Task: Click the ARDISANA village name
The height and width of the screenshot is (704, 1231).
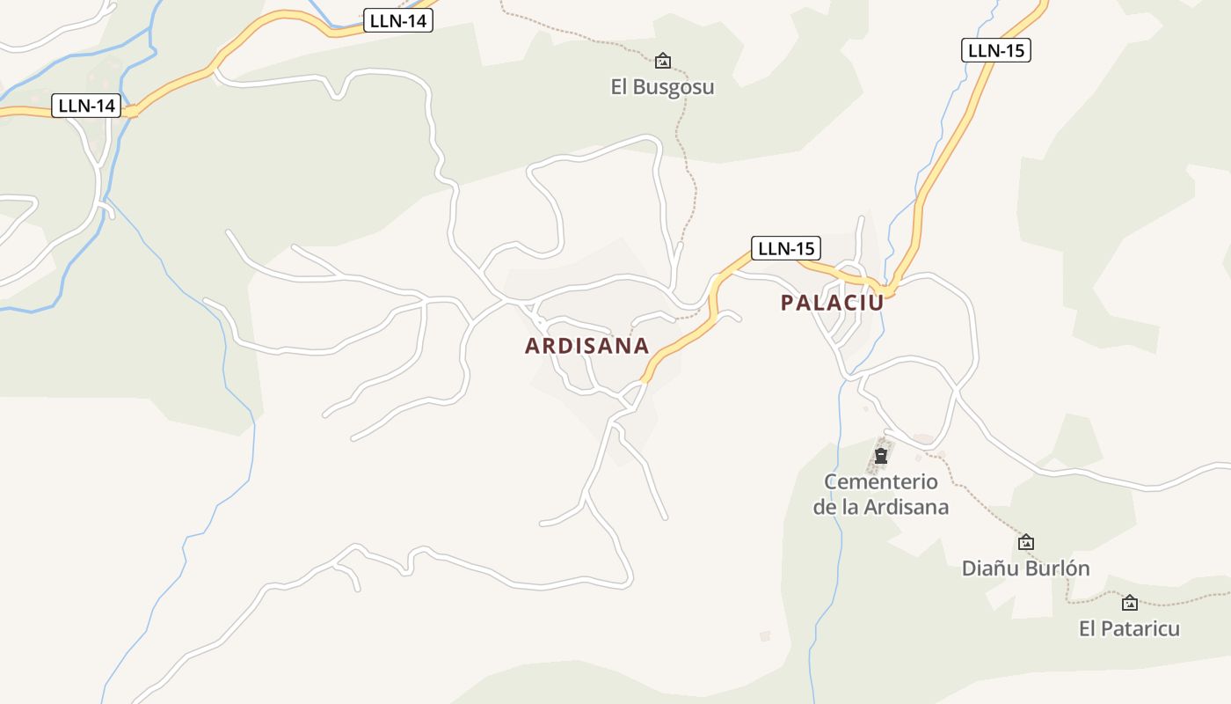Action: click(586, 346)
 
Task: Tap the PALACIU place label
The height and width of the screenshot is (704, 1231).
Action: click(831, 303)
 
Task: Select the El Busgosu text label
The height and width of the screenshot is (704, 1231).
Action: click(662, 87)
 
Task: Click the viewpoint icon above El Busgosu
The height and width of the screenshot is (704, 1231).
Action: click(663, 61)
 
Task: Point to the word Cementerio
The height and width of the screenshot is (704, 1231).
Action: click(880, 482)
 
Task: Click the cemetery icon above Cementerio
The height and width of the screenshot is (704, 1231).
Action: click(881, 456)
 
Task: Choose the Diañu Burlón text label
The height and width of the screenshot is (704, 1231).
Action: click(1025, 568)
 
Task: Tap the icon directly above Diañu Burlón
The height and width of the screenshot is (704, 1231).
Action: click(1025, 542)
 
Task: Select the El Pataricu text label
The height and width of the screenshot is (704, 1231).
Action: click(1129, 629)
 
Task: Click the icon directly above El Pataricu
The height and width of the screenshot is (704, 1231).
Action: click(1130, 603)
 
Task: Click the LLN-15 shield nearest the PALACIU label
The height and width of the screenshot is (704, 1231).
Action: click(785, 248)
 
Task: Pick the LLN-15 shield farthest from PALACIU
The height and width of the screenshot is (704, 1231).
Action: click(995, 50)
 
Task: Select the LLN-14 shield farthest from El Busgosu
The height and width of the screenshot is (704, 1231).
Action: click(86, 106)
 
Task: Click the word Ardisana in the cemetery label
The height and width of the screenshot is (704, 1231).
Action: click(906, 508)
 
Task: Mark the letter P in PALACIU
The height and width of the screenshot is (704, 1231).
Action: click(787, 303)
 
